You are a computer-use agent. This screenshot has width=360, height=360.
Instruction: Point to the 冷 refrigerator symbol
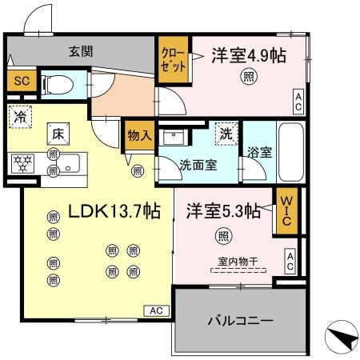19,117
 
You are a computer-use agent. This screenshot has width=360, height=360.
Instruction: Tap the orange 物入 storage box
138,135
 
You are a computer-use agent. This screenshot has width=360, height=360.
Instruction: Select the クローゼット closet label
172,61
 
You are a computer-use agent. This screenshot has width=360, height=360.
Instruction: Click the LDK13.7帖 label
114,212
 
